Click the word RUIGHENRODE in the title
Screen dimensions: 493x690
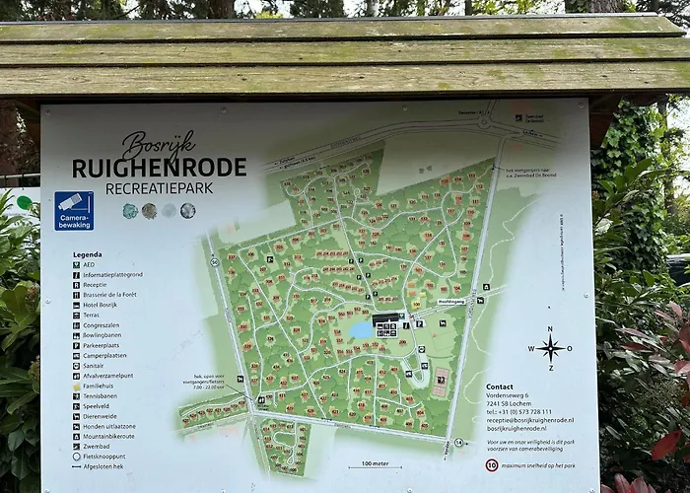coord(159,168)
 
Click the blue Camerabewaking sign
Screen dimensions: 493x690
coord(74,210)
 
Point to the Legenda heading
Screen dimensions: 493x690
coord(87,254)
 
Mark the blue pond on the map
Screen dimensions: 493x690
coord(362,330)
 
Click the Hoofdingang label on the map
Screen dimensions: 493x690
coord(451,301)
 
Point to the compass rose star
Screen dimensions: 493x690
coord(550,347)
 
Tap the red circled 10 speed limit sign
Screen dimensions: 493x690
coord(492,465)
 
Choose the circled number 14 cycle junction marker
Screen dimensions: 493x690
coord(457,443)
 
